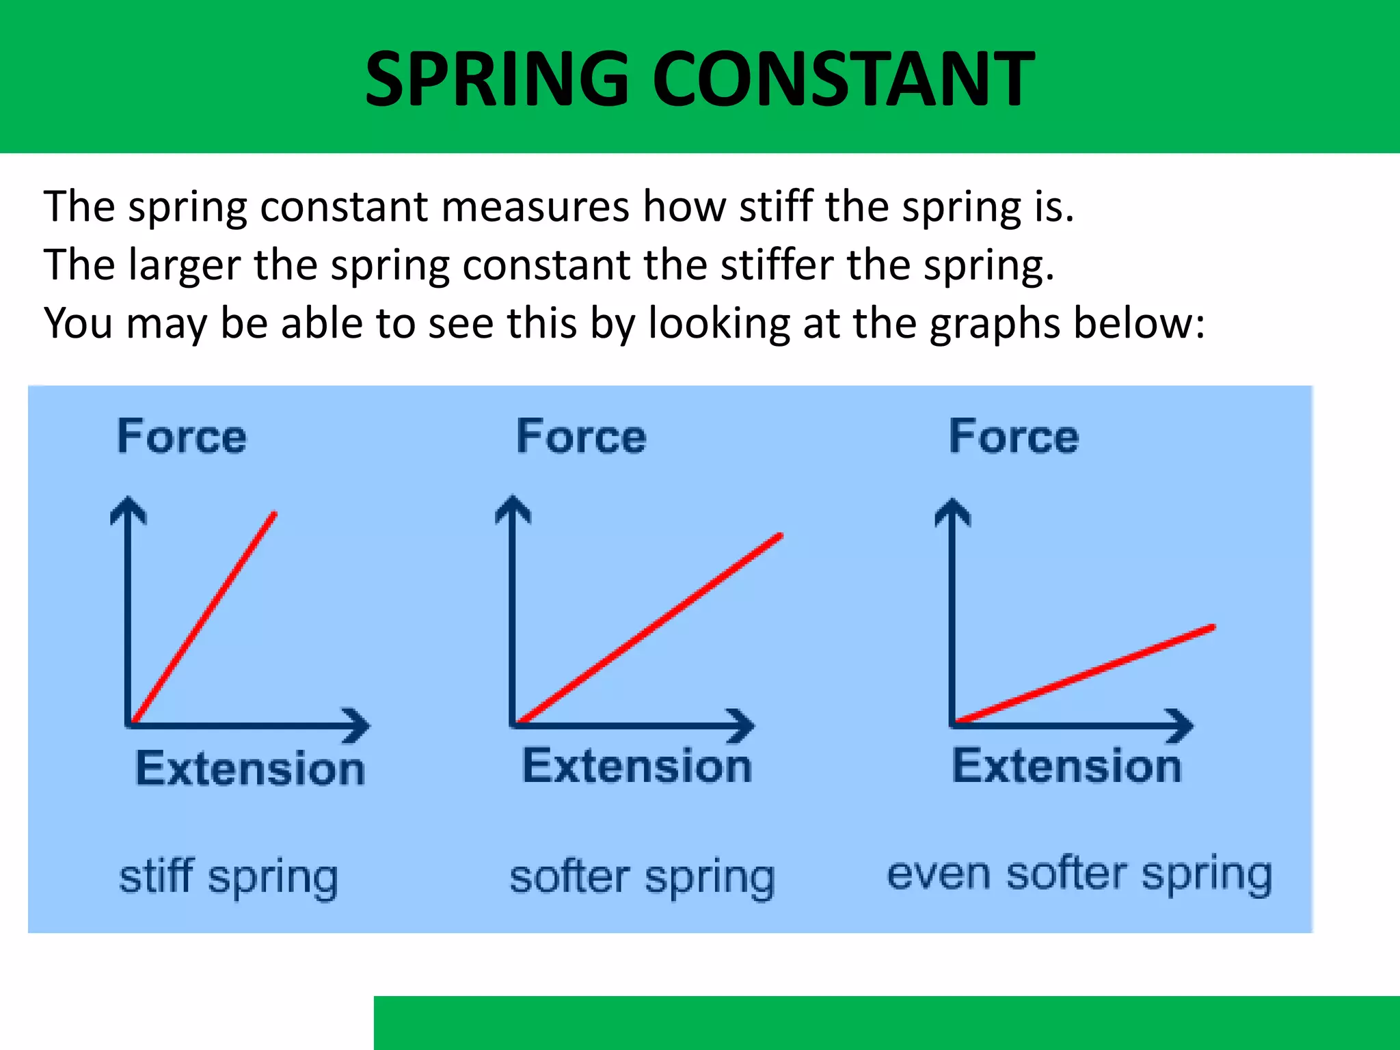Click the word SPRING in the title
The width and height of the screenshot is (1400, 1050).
497,79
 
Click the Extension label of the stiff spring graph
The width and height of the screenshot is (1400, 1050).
250,768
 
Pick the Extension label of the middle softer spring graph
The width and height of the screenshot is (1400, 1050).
637,766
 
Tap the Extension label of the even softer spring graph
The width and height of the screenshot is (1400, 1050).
1066,766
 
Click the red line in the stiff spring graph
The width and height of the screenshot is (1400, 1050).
204,618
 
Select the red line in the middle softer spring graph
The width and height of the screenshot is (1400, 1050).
649,629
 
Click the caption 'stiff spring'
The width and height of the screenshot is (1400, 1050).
228,878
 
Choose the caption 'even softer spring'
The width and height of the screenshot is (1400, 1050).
1079,874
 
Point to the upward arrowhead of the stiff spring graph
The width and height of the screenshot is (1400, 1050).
128,509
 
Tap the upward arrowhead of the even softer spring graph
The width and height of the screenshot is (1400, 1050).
952,511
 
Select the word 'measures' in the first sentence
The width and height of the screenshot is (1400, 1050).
535,206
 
